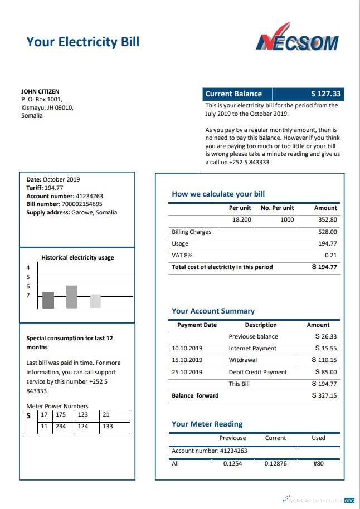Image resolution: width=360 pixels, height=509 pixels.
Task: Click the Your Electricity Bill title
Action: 82,42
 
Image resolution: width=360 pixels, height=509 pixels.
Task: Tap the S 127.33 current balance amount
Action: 325,94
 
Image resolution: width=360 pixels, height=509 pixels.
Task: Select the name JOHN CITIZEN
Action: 40,91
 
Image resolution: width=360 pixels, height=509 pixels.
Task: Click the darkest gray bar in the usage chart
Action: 48,300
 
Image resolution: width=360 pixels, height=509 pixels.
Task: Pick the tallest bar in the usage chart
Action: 71,297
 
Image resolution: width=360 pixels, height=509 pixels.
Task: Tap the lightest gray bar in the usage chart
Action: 95,301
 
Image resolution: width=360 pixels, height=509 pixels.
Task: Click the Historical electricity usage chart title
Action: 77,257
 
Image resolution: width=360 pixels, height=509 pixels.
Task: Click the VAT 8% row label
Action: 182,255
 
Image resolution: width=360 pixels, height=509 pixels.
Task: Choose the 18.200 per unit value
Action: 241,220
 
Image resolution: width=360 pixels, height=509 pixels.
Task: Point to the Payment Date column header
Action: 197,325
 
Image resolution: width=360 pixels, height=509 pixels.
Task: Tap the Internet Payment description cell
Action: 252,348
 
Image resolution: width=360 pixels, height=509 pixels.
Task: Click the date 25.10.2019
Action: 187,372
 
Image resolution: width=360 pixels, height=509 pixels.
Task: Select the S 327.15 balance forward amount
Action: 324,395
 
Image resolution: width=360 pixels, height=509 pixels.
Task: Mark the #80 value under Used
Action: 318,463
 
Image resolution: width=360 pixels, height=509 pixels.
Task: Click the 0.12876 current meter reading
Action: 275,463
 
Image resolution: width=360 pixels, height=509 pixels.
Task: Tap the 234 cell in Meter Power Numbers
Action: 61,427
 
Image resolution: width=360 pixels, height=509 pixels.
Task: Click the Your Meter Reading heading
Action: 207,424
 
